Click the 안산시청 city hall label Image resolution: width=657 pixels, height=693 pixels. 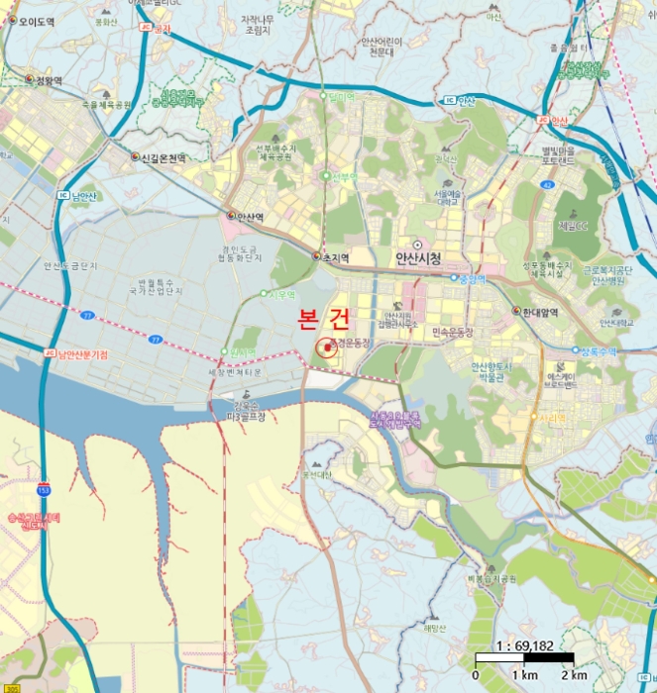pyautogui.click(x=416, y=257)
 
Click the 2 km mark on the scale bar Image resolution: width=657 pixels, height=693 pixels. pyautogui.click(x=573, y=675)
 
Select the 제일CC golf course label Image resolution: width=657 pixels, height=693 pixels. pyautogui.click(x=572, y=227)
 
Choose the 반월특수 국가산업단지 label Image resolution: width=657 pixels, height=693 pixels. pyautogui.click(x=161, y=286)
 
